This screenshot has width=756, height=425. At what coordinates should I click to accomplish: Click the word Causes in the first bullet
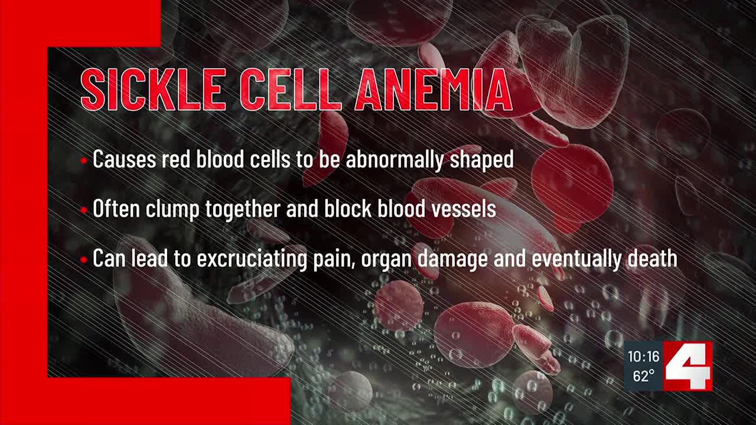[x=124, y=159]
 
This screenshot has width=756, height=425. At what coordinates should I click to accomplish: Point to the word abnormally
[x=394, y=160]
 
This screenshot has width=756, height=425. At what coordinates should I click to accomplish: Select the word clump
[x=172, y=210]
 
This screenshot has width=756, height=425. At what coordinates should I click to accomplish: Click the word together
[x=243, y=210]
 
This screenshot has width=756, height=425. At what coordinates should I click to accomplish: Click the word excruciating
[x=252, y=259]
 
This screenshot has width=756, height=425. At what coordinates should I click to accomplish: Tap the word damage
[x=452, y=259]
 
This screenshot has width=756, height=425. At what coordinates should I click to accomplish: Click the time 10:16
[x=643, y=357]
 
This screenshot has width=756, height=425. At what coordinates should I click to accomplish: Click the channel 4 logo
[x=688, y=366]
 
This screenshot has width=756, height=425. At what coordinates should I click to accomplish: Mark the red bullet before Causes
[x=84, y=161]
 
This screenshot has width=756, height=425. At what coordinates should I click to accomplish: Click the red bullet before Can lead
[x=84, y=260]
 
